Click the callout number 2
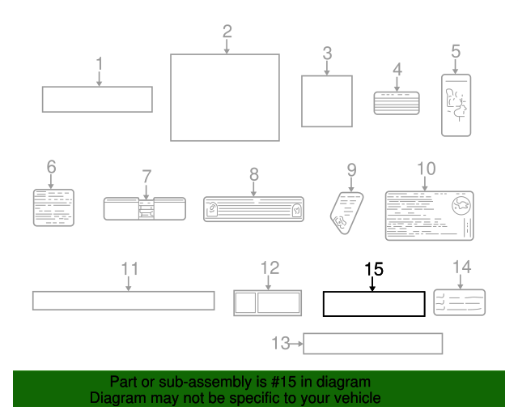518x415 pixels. (227, 32)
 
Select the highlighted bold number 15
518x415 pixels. (374, 269)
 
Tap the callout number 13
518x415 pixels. (281, 343)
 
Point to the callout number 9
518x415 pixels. (351, 170)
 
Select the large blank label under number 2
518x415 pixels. (225, 97)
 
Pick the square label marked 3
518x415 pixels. (327, 101)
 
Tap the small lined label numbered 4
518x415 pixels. (397, 103)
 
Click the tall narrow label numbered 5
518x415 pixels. (456, 105)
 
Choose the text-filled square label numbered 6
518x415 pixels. (53, 207)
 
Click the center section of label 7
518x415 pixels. (146, 209)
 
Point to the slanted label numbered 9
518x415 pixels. (346, 213)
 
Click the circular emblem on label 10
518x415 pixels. (461, 206)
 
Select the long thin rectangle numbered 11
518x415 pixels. (123, 301)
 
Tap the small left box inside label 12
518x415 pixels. (244, 302)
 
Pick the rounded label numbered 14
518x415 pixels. (459, 302)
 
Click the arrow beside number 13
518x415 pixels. (296, 344)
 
